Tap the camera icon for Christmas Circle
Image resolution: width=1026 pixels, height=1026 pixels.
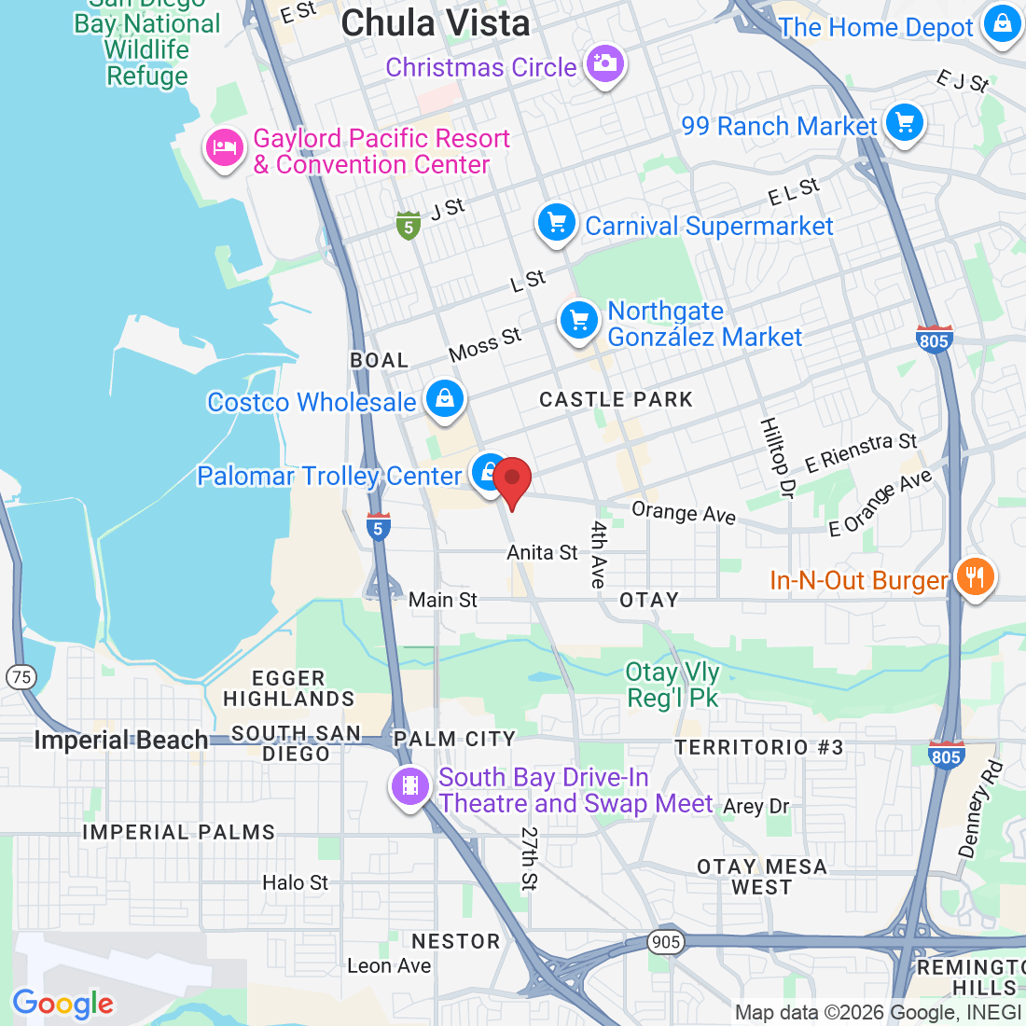(604, 64)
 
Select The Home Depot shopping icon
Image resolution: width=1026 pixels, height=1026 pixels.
(1002, 24)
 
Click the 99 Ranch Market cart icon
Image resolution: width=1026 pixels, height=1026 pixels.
(903, 122)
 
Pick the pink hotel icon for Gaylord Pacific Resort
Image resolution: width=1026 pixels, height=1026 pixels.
(225, 147)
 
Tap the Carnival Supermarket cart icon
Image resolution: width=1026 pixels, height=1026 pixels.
(557, 223)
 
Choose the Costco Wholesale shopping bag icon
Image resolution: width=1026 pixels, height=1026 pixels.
(444, 398)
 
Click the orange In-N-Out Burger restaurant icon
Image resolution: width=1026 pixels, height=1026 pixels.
(974, 576)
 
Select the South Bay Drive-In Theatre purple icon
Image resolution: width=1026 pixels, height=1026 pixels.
(410, 787)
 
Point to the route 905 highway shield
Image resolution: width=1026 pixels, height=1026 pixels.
(666, 942)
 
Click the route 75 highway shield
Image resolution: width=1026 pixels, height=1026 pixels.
(21, 678)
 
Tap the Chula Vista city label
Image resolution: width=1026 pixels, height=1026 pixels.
(436, 23)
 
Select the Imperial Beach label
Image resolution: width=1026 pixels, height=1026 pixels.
(121, 741)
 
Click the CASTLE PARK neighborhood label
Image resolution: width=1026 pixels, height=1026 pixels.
(617, 400)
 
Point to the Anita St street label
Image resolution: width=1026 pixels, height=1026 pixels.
(542, 552)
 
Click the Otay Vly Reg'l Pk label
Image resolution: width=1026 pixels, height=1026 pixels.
(672, 685)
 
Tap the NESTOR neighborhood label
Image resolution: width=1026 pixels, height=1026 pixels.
(456, 941)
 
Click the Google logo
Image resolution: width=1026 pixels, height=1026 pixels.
(62, 1004)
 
